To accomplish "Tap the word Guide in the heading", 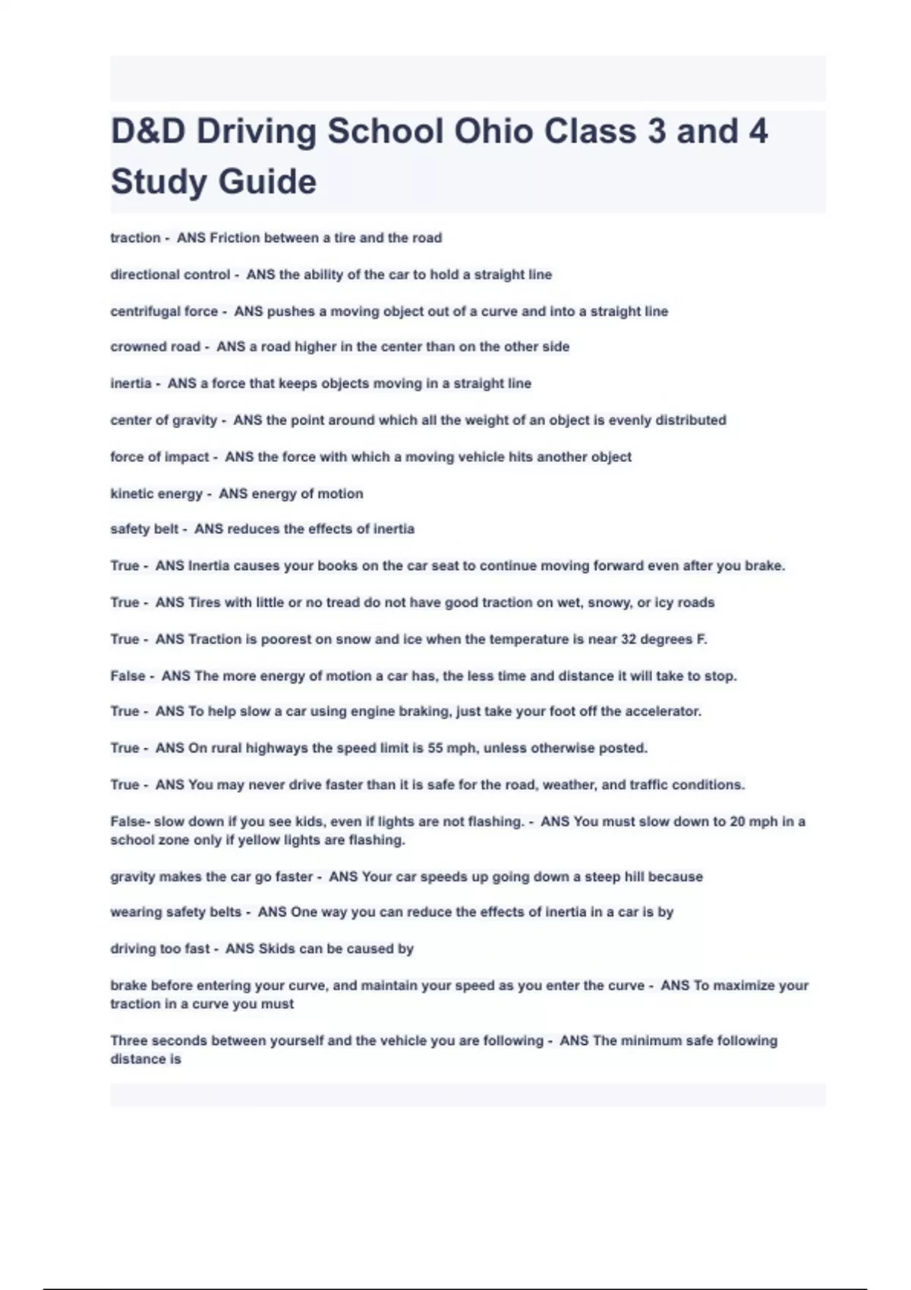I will coord(266,182).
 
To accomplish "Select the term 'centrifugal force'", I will coord(164,311).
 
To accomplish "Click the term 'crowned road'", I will coord(155,347).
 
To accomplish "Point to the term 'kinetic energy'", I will coord(156,494).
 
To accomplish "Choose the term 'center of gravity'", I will coord(163,420).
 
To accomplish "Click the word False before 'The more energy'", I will coord(128,676).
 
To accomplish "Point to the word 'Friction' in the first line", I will coord(235,238).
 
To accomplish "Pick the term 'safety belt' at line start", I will coord(144,529).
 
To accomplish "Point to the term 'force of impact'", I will coord(159,457).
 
